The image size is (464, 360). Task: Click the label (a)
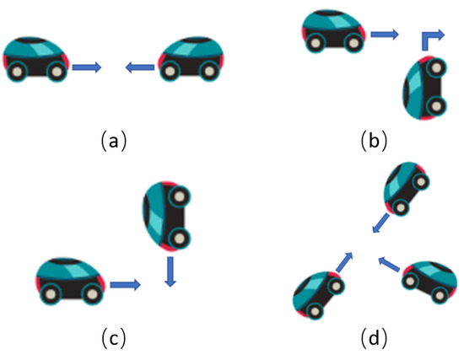coord(112,140)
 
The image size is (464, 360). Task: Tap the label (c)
coord(112,339)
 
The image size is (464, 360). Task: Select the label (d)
coord(372,339)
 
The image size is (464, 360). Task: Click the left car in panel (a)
coord(37,60)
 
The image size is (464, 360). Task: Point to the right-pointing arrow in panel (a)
coord(86,67)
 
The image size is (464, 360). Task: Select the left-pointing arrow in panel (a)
coord(140,67)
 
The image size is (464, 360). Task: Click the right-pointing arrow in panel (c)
coord(124,286)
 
